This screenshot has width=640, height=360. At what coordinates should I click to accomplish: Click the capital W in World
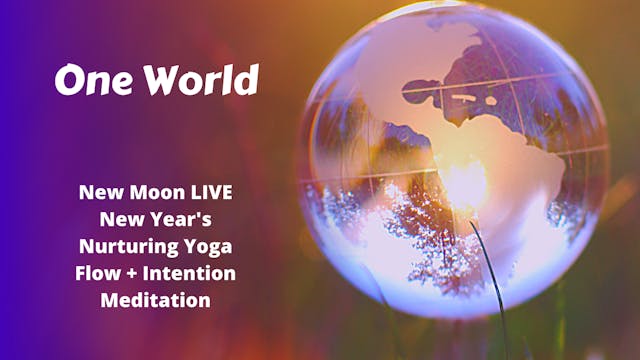click(x=166, y=80)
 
